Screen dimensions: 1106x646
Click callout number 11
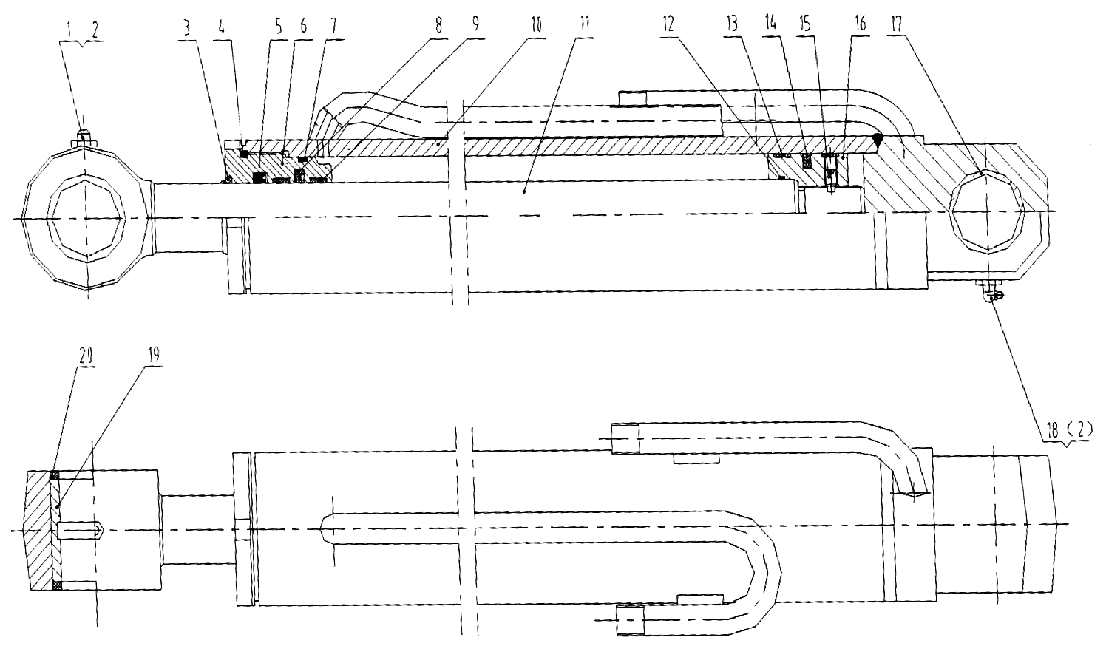585,24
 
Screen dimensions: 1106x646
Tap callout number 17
896,24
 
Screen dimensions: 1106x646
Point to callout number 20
86,356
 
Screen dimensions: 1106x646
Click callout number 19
154,356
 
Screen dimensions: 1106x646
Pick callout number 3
186,29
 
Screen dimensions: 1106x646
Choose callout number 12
668,24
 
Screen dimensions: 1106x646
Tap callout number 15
805,24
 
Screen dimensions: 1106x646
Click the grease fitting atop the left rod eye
84,136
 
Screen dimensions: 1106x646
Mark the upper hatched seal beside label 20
55,476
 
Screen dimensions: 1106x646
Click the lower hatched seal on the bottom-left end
56,586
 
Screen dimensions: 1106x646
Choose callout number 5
279,27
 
